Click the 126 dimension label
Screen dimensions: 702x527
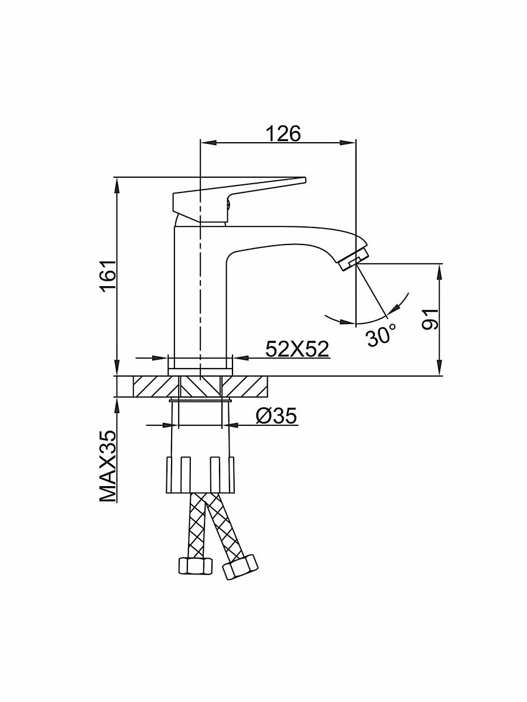pos(283,133)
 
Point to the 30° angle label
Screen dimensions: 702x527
pos(381,336)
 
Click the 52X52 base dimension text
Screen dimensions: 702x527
pos(297,349)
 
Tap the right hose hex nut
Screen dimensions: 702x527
pos(241,566)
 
